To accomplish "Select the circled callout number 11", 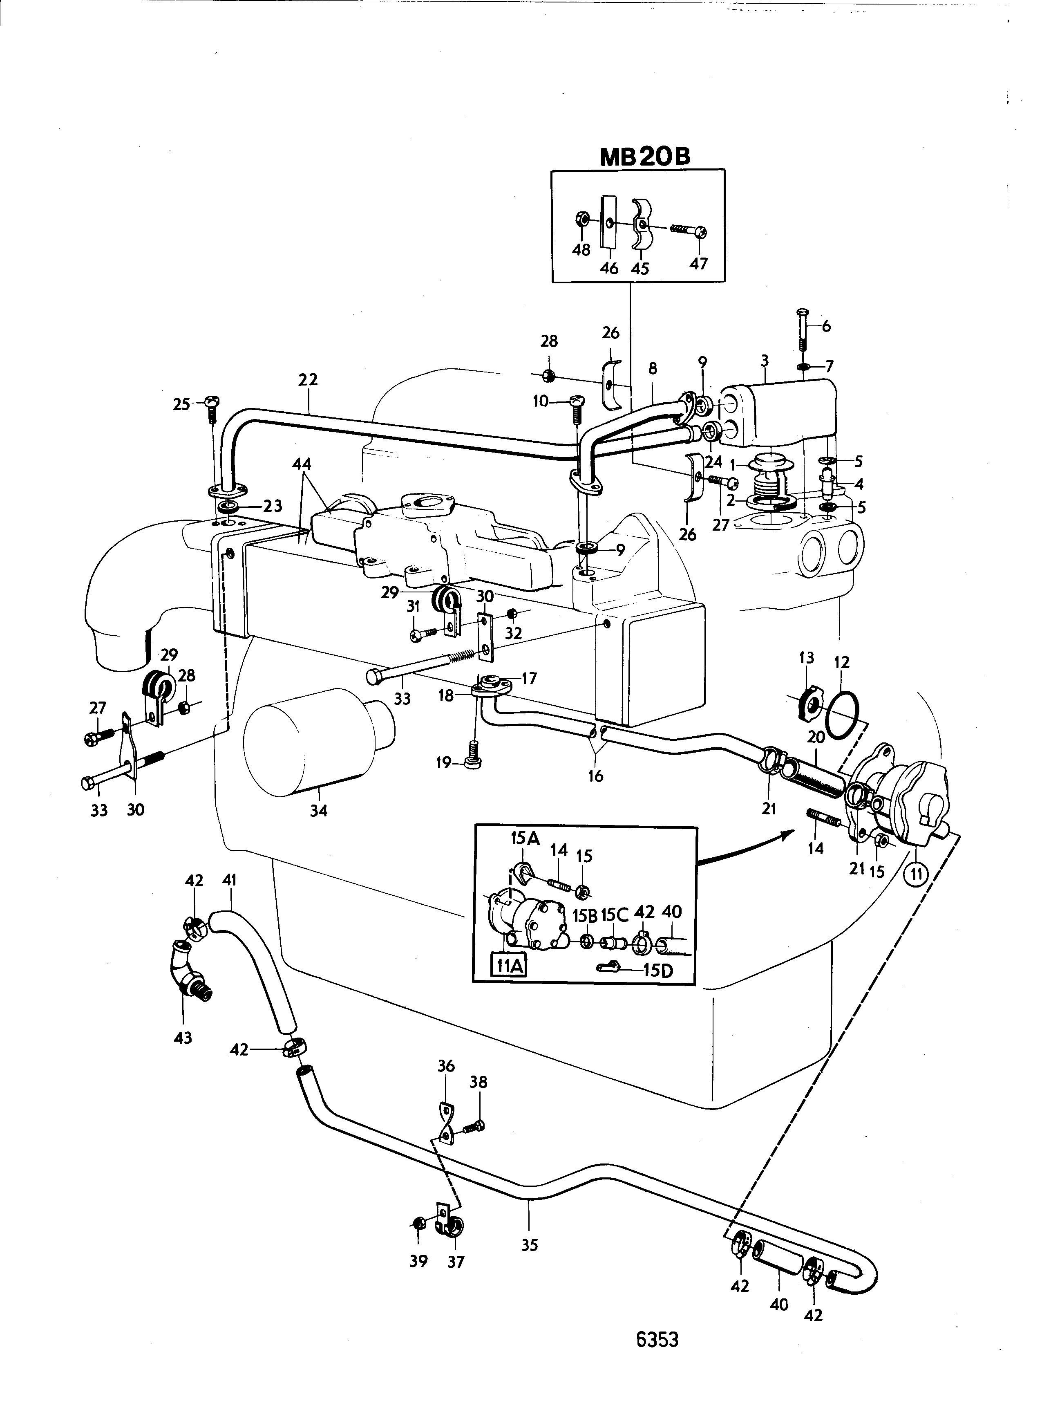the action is point(917,874).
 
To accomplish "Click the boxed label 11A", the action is point(510,966).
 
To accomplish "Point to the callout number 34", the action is point(319,810).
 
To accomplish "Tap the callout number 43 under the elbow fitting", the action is point(183,1037).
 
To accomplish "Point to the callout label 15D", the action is point(659,970).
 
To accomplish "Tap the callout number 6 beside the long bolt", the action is point(826,326).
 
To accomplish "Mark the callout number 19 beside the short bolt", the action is point(443,763).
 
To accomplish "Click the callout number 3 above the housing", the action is point(765,361).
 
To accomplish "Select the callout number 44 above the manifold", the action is point(302,464).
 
